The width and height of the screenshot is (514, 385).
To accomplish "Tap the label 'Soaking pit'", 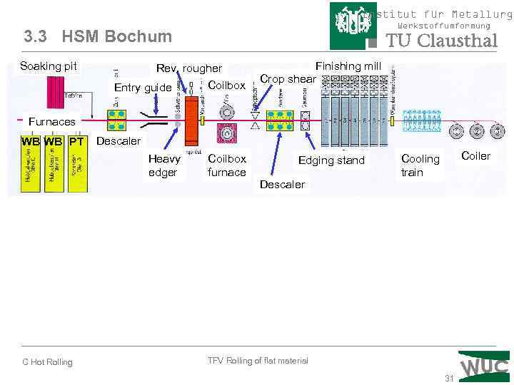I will (49, 66).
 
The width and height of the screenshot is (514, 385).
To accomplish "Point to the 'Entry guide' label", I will (143, 88).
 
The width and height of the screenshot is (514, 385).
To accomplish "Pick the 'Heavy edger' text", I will (164, 165).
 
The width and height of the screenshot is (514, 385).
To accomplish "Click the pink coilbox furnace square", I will (226, 133).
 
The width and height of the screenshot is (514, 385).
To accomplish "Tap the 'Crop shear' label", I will (288, 79).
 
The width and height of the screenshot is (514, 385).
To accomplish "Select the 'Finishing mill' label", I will (348, 66).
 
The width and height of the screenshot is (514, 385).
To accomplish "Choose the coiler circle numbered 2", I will (476, 131).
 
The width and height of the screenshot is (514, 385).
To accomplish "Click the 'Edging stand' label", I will (331, 160).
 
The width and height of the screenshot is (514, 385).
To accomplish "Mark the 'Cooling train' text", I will (420, 165).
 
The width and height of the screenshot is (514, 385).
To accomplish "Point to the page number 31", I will (449, 378).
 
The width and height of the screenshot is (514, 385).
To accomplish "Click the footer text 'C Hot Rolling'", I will (47, 362).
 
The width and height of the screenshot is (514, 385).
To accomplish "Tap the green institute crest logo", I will (354, 24).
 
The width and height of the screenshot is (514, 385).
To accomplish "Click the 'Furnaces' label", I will (51, 122).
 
